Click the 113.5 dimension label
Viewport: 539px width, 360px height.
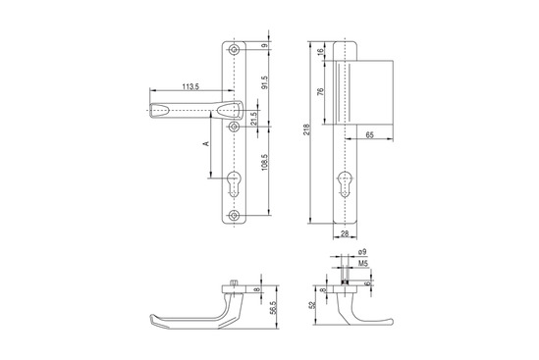[x=190, y=87]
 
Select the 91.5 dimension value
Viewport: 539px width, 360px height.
[x=264, y=82]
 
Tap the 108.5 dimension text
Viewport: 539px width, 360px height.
[x=264, y=163]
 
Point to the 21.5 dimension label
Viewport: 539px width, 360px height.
[x=253, y=119]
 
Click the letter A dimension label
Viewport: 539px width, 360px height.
[x=206, y=143]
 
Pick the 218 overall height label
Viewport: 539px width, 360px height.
[x=306, y=129]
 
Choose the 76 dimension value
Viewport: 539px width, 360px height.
[x=320, y=92]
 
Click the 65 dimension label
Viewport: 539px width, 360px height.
[x=369, y=135]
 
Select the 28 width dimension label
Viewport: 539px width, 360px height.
[x=345, y=233]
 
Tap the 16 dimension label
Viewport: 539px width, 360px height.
[x=320, y=52]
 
